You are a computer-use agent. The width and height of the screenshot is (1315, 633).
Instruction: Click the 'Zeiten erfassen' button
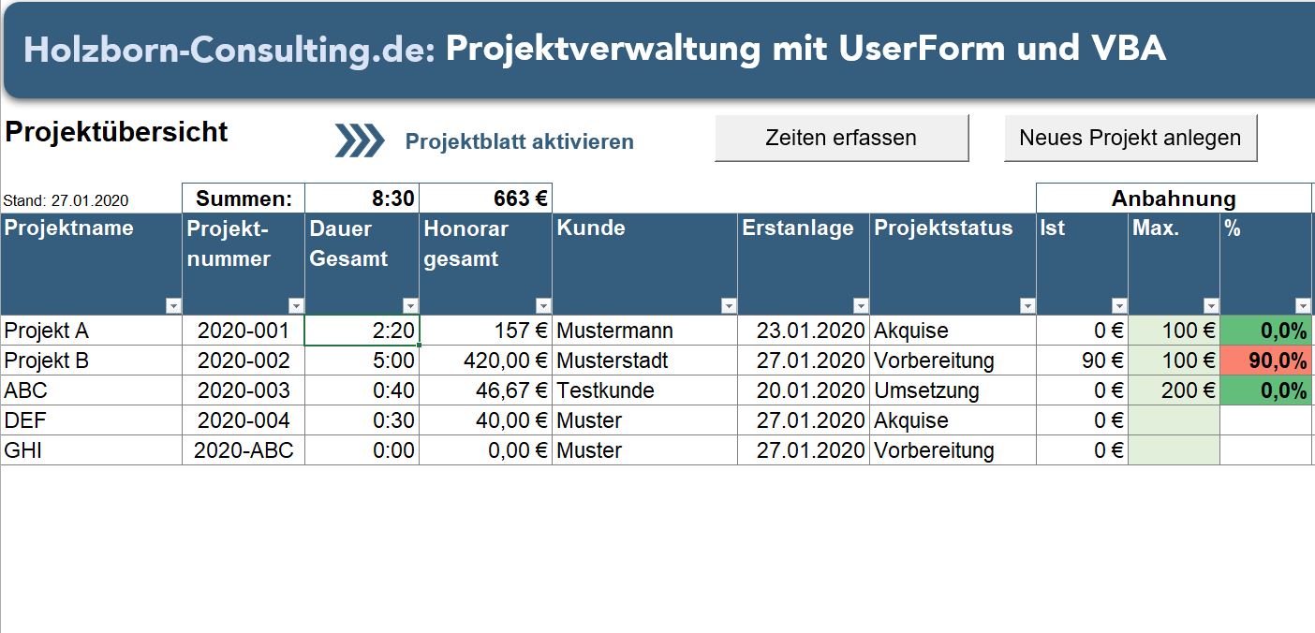[841, 139]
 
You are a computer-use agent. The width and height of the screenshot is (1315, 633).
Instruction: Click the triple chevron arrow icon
[360, 140]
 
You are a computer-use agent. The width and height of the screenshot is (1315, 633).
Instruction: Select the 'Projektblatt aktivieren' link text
[519, 141]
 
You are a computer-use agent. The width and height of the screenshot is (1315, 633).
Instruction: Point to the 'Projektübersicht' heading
[116, 132]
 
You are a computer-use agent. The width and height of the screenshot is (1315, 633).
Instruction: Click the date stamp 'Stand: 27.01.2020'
[66, 200]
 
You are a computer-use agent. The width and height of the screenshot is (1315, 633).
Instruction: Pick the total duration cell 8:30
[362, 199]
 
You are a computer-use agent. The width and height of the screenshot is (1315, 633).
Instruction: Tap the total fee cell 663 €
[485, 199]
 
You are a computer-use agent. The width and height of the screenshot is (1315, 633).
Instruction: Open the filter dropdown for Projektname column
[172, 306]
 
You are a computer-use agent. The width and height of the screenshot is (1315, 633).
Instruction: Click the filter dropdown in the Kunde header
[729, 306]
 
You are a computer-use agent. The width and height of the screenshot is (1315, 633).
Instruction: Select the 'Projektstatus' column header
[943, 228]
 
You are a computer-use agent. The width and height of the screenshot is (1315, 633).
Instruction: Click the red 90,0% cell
[1266, 361]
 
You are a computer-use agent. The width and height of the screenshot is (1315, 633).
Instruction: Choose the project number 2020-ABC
[244, 450]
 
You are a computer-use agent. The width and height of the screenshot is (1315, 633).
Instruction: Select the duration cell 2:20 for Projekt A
[362, 331]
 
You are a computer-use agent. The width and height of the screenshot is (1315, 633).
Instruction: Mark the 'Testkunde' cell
[605, 390]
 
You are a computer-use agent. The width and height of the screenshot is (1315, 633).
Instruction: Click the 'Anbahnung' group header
[1173, 199]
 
